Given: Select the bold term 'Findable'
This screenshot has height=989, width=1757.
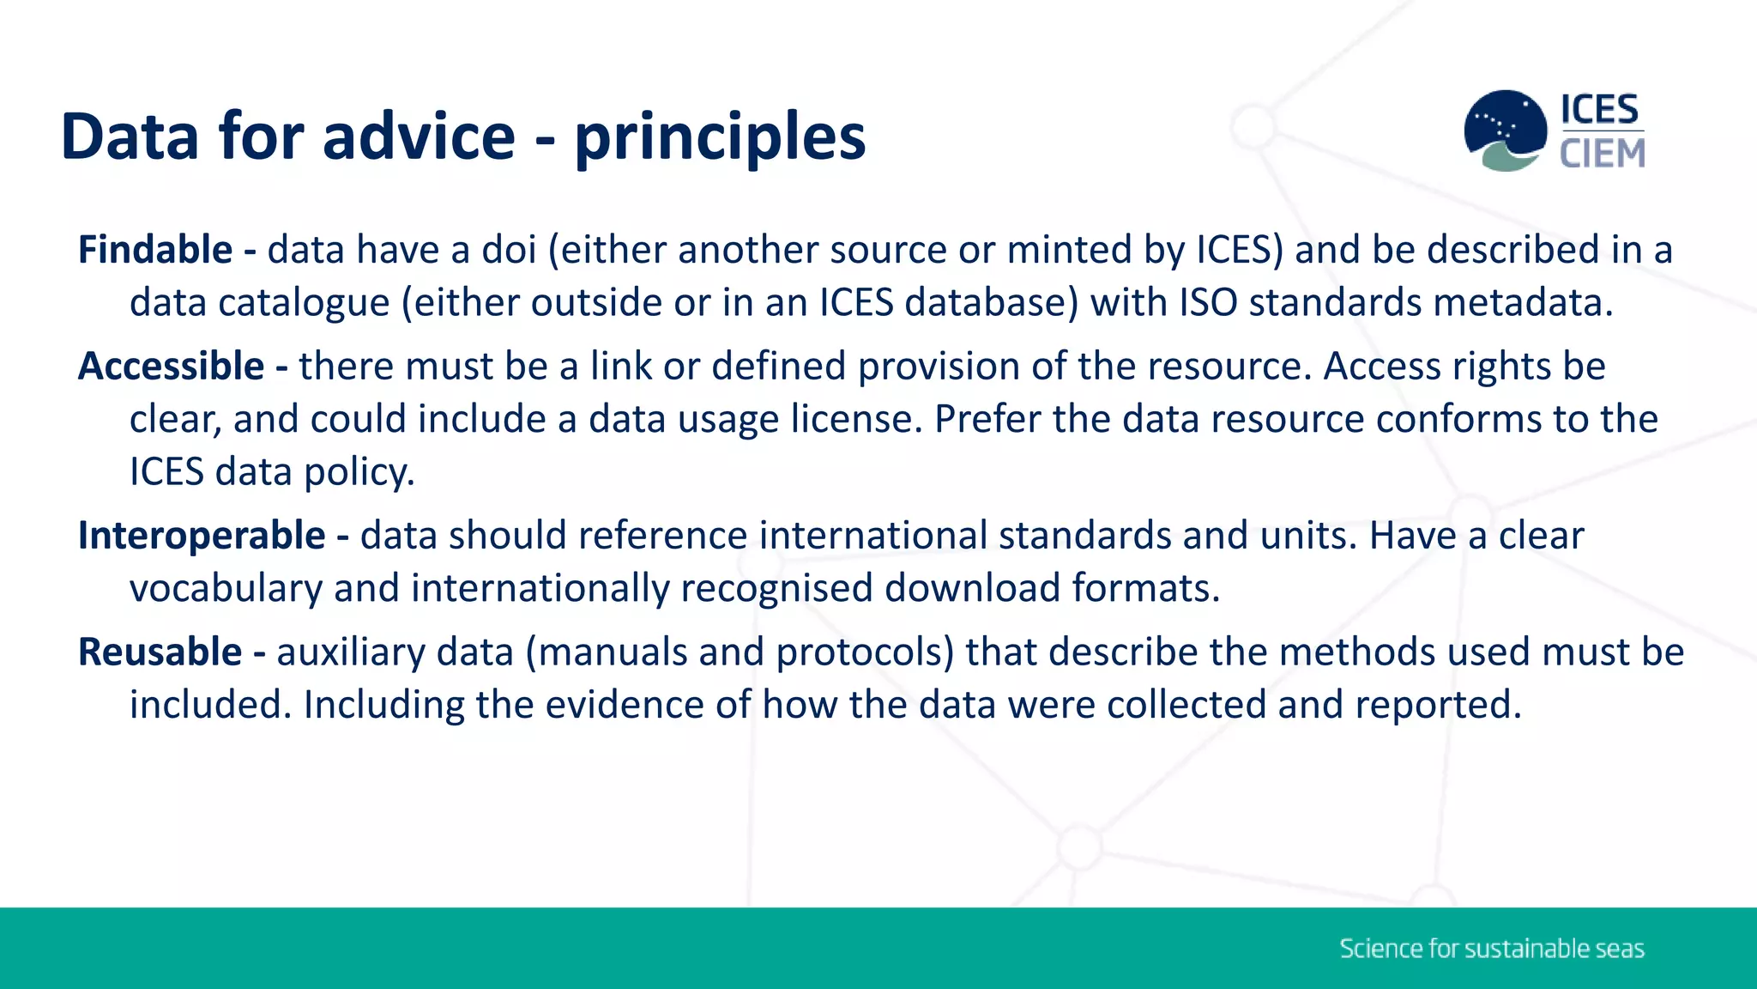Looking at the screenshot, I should click(155, 250).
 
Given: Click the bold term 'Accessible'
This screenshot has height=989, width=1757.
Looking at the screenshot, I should click(171, 367).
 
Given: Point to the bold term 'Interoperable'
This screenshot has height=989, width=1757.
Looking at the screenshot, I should click(202, 536).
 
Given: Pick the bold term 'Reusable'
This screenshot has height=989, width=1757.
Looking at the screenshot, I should click(160, 652).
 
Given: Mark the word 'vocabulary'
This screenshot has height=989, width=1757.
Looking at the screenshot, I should click(226, 589).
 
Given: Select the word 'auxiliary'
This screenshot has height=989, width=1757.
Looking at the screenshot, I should click(351, 652).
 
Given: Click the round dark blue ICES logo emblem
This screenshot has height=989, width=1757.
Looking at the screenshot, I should click(1505, 130).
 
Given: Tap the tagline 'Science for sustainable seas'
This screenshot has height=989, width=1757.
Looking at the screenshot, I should click(1492, 949).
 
